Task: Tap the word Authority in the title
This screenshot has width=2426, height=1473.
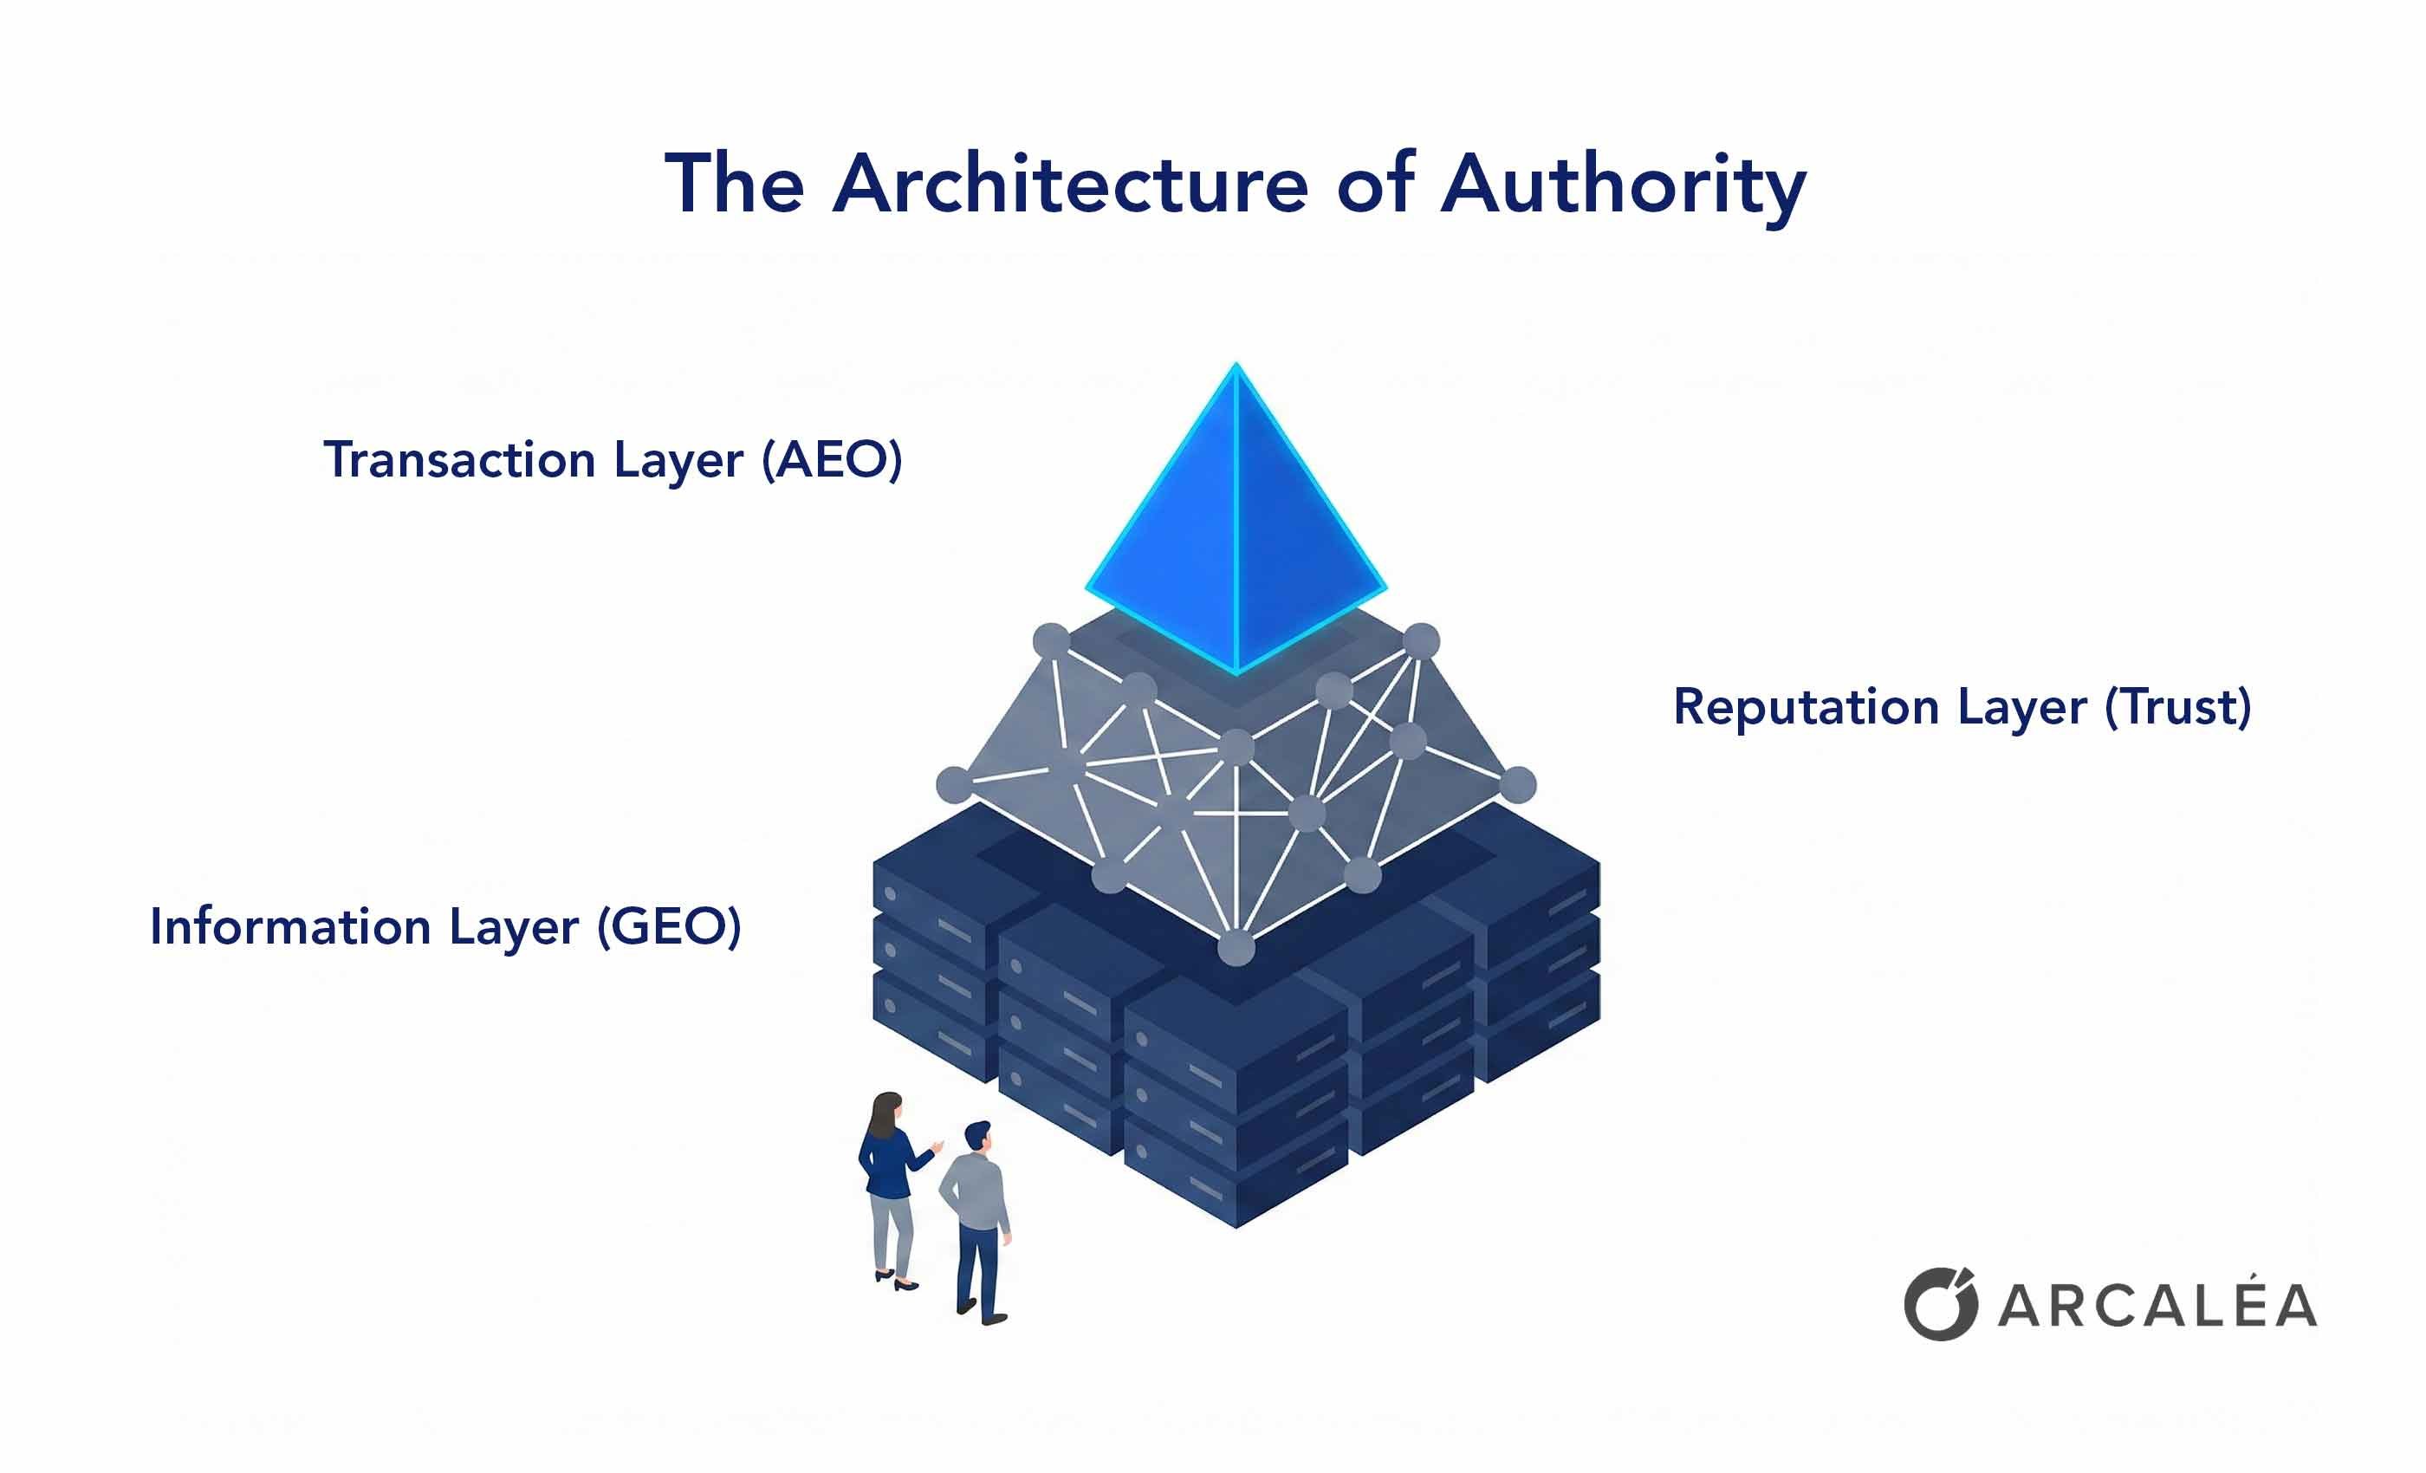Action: point(1624,187)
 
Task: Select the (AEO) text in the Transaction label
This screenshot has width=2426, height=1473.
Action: point(832,460)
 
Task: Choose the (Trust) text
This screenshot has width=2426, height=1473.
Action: point(2178,707)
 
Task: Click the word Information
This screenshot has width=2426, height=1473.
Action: point(290,926)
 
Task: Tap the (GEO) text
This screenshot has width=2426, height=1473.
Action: point(670,926)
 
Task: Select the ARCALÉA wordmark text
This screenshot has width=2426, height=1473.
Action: point(2157,1306)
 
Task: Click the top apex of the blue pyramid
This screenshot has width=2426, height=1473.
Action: point(1236,367)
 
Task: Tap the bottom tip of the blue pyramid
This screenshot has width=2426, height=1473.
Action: point(1236,672)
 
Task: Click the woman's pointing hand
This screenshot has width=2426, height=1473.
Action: point(937,1146)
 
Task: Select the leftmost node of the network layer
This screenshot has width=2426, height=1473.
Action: point(953,785)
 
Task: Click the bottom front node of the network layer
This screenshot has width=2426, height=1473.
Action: point(1236,948)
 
